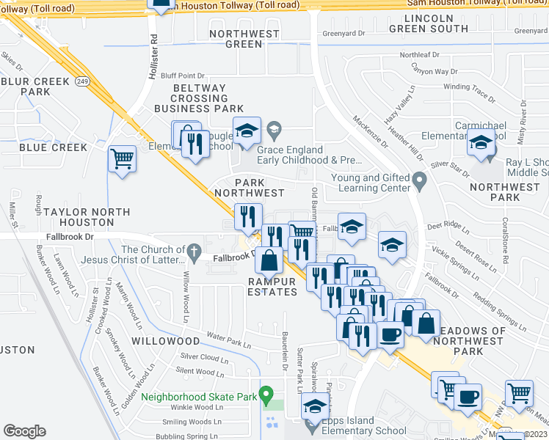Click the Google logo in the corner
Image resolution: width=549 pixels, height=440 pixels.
(24, 431)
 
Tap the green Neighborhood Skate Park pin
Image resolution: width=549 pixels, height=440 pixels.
(266, 393)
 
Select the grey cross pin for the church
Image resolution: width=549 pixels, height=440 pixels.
(193, 253)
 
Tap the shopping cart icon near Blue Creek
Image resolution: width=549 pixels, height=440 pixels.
(122, 158)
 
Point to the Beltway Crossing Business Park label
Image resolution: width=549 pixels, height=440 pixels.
(198, 98)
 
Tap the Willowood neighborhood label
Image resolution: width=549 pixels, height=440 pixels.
(165, 341)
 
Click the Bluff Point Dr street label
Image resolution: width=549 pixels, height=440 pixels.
(182, 75)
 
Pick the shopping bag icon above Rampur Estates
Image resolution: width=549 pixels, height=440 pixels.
(269, 261)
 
